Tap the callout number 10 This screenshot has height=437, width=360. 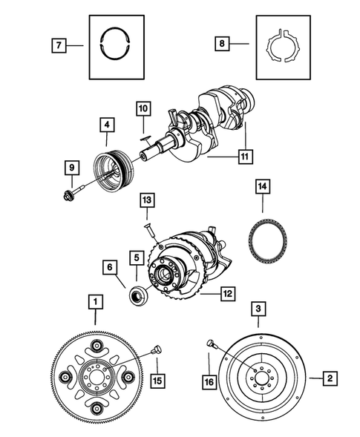[x=143, y=110]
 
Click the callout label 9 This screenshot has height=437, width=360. [x=71, y=168]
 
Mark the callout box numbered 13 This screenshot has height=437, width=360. [x=147, y=200]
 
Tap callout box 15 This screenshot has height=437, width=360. [x=157, y=381]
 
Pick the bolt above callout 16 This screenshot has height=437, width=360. [x=212, y=344]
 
